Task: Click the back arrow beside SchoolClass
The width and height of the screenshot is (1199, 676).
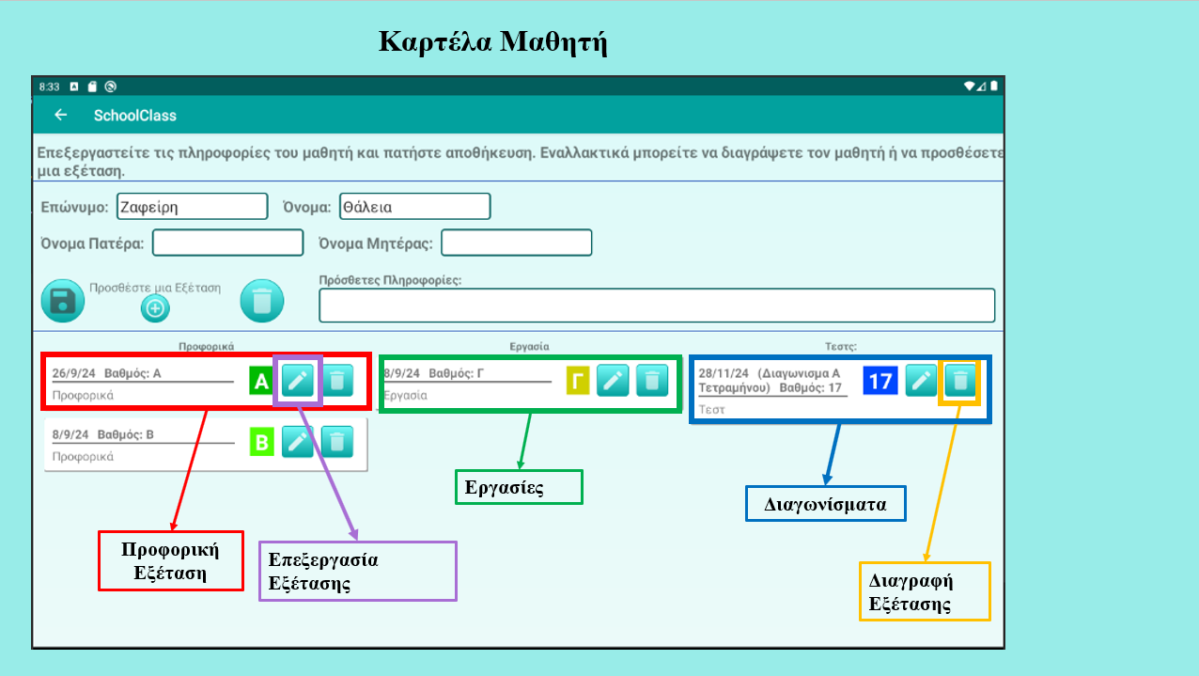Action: [x=61, y=115]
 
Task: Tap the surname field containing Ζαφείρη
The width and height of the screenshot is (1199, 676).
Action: [x=193, y=206]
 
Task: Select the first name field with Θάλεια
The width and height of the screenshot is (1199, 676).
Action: [x=414, y=206]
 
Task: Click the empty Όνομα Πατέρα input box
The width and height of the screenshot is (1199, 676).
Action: [x=228, y=243]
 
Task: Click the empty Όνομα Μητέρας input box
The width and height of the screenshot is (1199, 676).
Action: [x=517, y=243]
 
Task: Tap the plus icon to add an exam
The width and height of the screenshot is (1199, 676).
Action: [x=155, y=307]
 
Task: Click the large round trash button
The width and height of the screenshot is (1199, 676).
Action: [x=262, y=301]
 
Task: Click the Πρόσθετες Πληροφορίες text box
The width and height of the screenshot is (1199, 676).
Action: [x=656, y=306]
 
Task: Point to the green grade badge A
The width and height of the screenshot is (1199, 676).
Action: [x=261, y=381]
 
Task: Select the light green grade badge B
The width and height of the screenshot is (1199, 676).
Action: [x=261, y=442]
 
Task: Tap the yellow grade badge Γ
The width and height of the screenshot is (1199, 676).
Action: [x=578, y=381]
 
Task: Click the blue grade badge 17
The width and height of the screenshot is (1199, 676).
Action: [x=880, y=381]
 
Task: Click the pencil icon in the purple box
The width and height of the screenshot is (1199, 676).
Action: [x=298, y=380]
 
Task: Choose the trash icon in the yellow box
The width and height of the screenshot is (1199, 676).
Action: [x=959, y=380]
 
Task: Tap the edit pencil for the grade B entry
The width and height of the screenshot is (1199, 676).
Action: [x=298, y=441]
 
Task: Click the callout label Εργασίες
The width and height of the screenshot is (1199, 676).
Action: [x=519, y=487]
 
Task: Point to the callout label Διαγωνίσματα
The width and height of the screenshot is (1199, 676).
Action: [x=825, y=503]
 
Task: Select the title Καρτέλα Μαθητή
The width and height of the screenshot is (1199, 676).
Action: [x=492, y=41]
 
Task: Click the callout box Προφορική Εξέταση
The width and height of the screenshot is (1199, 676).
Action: [x=171, y=560]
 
